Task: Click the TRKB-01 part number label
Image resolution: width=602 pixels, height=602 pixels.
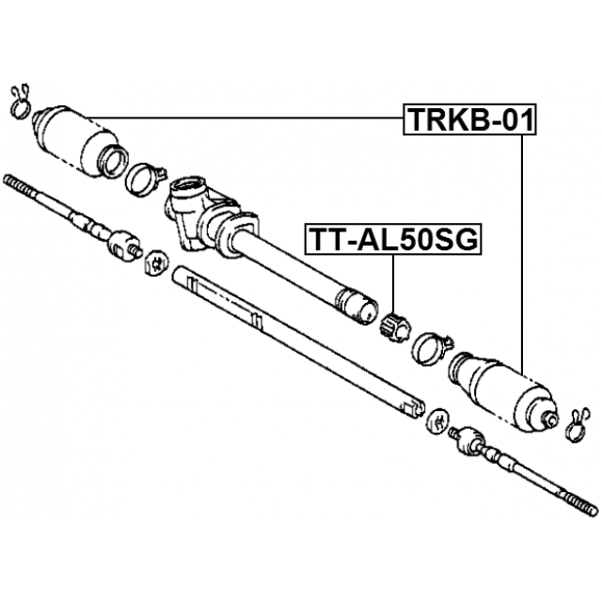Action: click(x=469, y=119)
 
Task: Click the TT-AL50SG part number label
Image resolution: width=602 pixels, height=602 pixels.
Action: click(x=393, y=240)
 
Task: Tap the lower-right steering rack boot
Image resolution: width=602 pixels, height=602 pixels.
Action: click(x=504, y=390)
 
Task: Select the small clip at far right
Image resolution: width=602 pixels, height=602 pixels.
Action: click(x=577, y=424)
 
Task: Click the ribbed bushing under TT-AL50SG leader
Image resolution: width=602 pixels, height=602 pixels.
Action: click(x=394, y=328)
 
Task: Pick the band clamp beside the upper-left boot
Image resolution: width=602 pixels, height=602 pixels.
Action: click(x=145, y=179)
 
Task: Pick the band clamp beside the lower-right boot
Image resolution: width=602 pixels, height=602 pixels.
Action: click(x=432, y=348)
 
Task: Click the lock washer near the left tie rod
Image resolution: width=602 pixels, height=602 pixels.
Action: click(x=156, y=263)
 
